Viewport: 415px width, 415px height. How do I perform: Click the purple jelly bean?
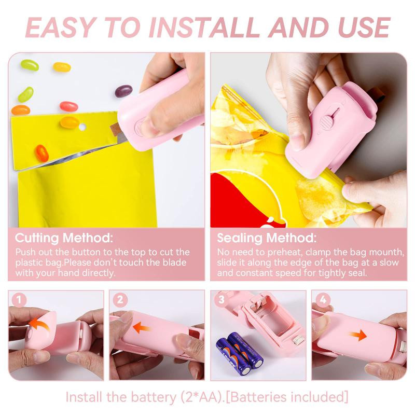coord(122,92)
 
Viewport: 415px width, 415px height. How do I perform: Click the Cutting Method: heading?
coord(64,239)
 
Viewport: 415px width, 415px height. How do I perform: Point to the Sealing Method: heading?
coord(266,239)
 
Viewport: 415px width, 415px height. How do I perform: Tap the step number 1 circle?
coord(19,300)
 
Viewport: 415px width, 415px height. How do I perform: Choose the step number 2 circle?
coord(120,300)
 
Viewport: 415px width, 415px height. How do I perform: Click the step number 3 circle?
coord(221,300)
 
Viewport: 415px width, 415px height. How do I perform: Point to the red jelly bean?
coord(68,106)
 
